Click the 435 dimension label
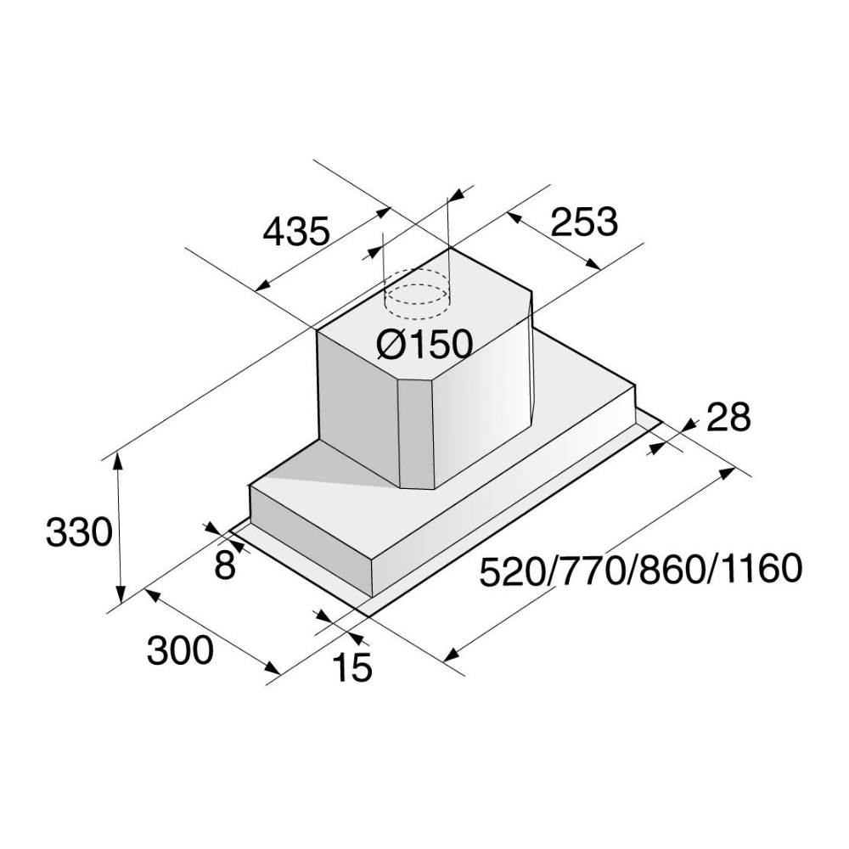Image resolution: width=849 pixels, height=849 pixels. coord(295,231)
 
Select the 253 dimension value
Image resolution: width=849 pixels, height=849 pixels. coord(584,222)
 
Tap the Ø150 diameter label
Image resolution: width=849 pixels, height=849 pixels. coord(423,344)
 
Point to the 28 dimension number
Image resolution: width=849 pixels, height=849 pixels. coord(728,418)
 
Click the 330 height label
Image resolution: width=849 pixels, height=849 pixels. coord(78,533)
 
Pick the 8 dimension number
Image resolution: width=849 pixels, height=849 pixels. coord(224,565)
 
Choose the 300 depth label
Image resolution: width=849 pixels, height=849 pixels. coord(179,651)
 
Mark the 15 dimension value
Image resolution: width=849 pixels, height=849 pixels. coord(352,668)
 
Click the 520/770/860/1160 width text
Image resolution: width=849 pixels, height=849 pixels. coord(641,571)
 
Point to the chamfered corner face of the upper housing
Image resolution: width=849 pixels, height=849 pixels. coord(415,433)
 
